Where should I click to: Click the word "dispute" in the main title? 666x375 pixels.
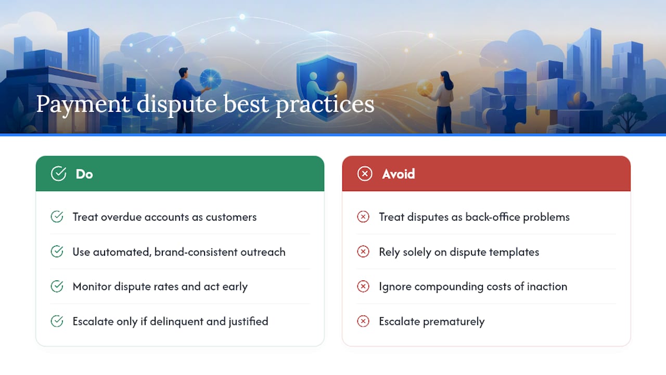[x=176, y=104]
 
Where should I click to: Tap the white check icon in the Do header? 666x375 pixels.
[x=59, y=173]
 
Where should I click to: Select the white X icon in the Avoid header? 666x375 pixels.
[x=365, y=173]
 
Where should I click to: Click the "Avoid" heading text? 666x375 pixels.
[x=399, y=174]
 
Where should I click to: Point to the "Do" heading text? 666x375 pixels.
[x=84, y=174]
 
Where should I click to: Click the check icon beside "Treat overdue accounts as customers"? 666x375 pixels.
[x=57, y=217]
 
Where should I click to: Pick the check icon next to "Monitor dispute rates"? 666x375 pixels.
[x=57, y=286]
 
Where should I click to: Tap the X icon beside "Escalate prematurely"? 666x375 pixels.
[x=363, y=321]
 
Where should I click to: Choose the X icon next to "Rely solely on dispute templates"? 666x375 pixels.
[x=363, y=252]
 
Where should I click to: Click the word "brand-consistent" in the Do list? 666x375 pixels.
[x=196, y=252]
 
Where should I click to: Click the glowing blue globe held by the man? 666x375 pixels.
[x=210, y=79]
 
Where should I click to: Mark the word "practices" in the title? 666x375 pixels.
[x=325, y=105]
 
